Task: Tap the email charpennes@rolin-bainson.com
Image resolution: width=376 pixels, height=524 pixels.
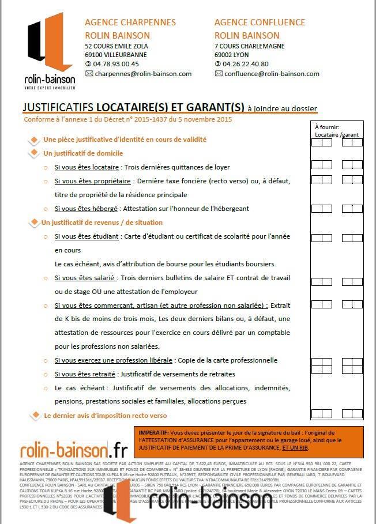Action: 142,74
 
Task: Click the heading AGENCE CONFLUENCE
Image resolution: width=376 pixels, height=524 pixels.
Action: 260,22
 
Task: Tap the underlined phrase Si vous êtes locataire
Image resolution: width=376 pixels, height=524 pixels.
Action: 87,167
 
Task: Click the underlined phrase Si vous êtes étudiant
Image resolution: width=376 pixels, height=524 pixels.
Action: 87,236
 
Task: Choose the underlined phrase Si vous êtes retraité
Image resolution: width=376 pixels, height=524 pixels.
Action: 85,374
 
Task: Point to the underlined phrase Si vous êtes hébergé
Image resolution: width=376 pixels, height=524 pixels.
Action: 87,209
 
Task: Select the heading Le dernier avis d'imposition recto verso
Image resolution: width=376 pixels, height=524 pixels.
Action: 105,415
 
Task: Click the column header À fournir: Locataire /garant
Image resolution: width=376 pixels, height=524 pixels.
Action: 337,130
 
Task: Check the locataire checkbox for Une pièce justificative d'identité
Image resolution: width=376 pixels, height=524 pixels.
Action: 317,141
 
